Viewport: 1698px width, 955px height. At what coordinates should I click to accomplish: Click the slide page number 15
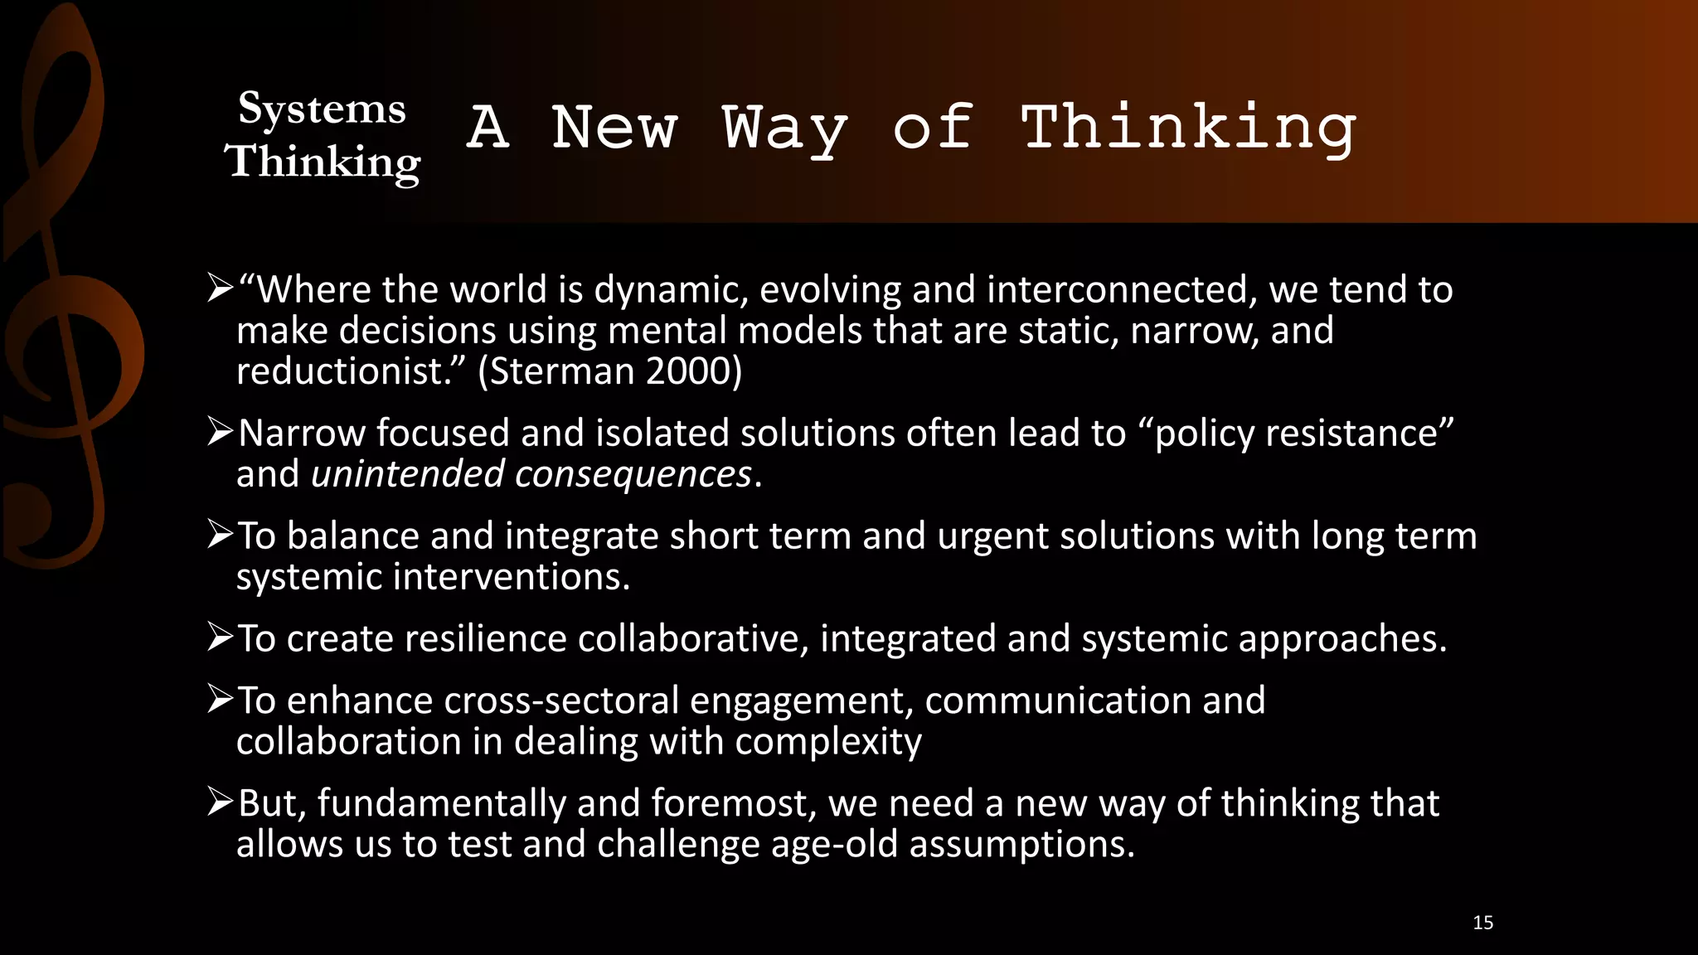click(1483, 923)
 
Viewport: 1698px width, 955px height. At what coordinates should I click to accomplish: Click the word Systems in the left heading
click(322, 109)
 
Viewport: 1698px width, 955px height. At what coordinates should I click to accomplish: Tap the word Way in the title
click(784, 129)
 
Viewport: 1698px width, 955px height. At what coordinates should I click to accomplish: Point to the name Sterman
click(565, 371)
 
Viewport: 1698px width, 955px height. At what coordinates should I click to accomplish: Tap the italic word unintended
click(407, 474)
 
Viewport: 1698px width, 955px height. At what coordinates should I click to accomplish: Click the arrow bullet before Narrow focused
click(221, 432)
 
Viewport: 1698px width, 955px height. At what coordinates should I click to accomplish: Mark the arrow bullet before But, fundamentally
click(221, 802)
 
